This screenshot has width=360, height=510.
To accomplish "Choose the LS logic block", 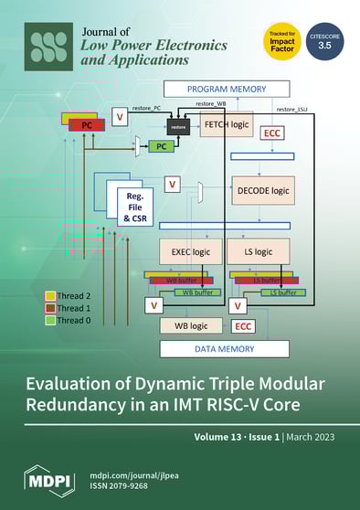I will click(258, 250).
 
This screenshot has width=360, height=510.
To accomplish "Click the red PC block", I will click(87, 123).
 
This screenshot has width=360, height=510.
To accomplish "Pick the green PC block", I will click(161, 146).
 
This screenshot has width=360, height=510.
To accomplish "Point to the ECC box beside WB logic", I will click(243, 325).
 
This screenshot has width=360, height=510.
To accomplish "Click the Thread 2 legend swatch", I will click(50, 297).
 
